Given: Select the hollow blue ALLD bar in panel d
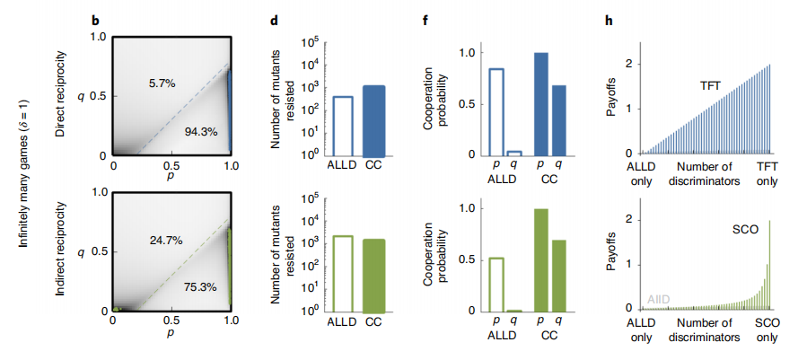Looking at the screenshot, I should point(342,126).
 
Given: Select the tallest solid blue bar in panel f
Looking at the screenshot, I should point(540,104).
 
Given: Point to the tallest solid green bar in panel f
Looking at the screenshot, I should point(540,259).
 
